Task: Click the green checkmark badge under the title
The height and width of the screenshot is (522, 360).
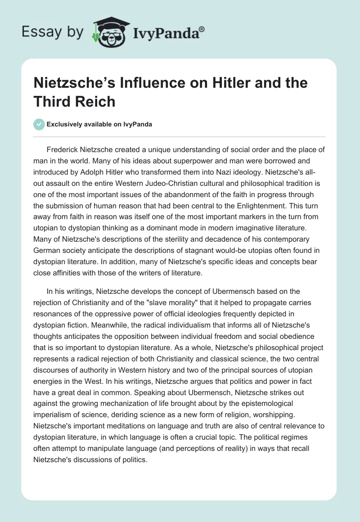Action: coord(39,124)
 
